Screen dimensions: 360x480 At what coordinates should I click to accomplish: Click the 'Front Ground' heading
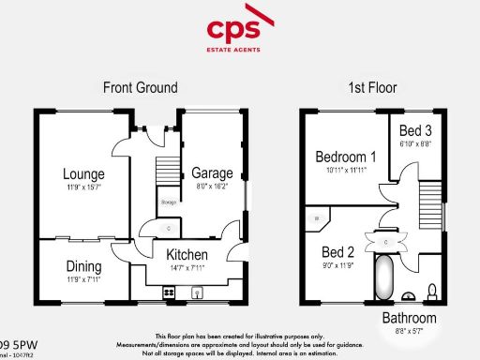(x=140, y=88)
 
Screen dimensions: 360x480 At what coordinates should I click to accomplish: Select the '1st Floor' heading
(x=373, y=88)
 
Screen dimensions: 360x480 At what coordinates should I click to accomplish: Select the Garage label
(x=212, y=172)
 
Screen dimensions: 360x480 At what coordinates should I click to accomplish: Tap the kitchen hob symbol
(x=170, y=292)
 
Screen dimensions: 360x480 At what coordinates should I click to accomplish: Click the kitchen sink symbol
(x=199, y=292)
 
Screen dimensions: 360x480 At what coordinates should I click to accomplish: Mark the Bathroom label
(x=408, y=319)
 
